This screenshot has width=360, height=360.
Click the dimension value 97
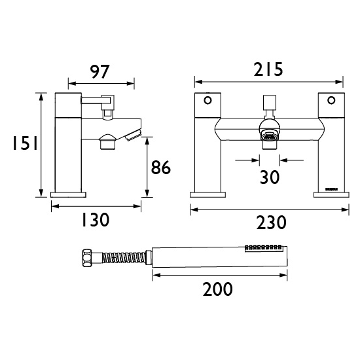pyautogui.click(x=100, y=72)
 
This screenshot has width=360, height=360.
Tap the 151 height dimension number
pyautogui.click(x=25, y=143)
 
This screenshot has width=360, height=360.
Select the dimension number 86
pyautogui.click(x=161, y=168)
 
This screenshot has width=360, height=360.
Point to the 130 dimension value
pyautogui.click(x=96, y=220)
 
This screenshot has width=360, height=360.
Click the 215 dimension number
pyautogui.click(x=268, y=69)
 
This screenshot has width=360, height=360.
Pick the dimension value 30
pyautogui.click(x=270, y=177)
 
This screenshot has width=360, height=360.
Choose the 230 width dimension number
pyautogui.click(x=271, y=223)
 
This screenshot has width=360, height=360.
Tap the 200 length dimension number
pyautogui.click(x=218, y=289)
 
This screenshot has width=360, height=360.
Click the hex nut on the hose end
pyautogui.click(x=87, y=258)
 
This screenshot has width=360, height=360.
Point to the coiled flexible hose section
pyautogui.click(x=124, y=258)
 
